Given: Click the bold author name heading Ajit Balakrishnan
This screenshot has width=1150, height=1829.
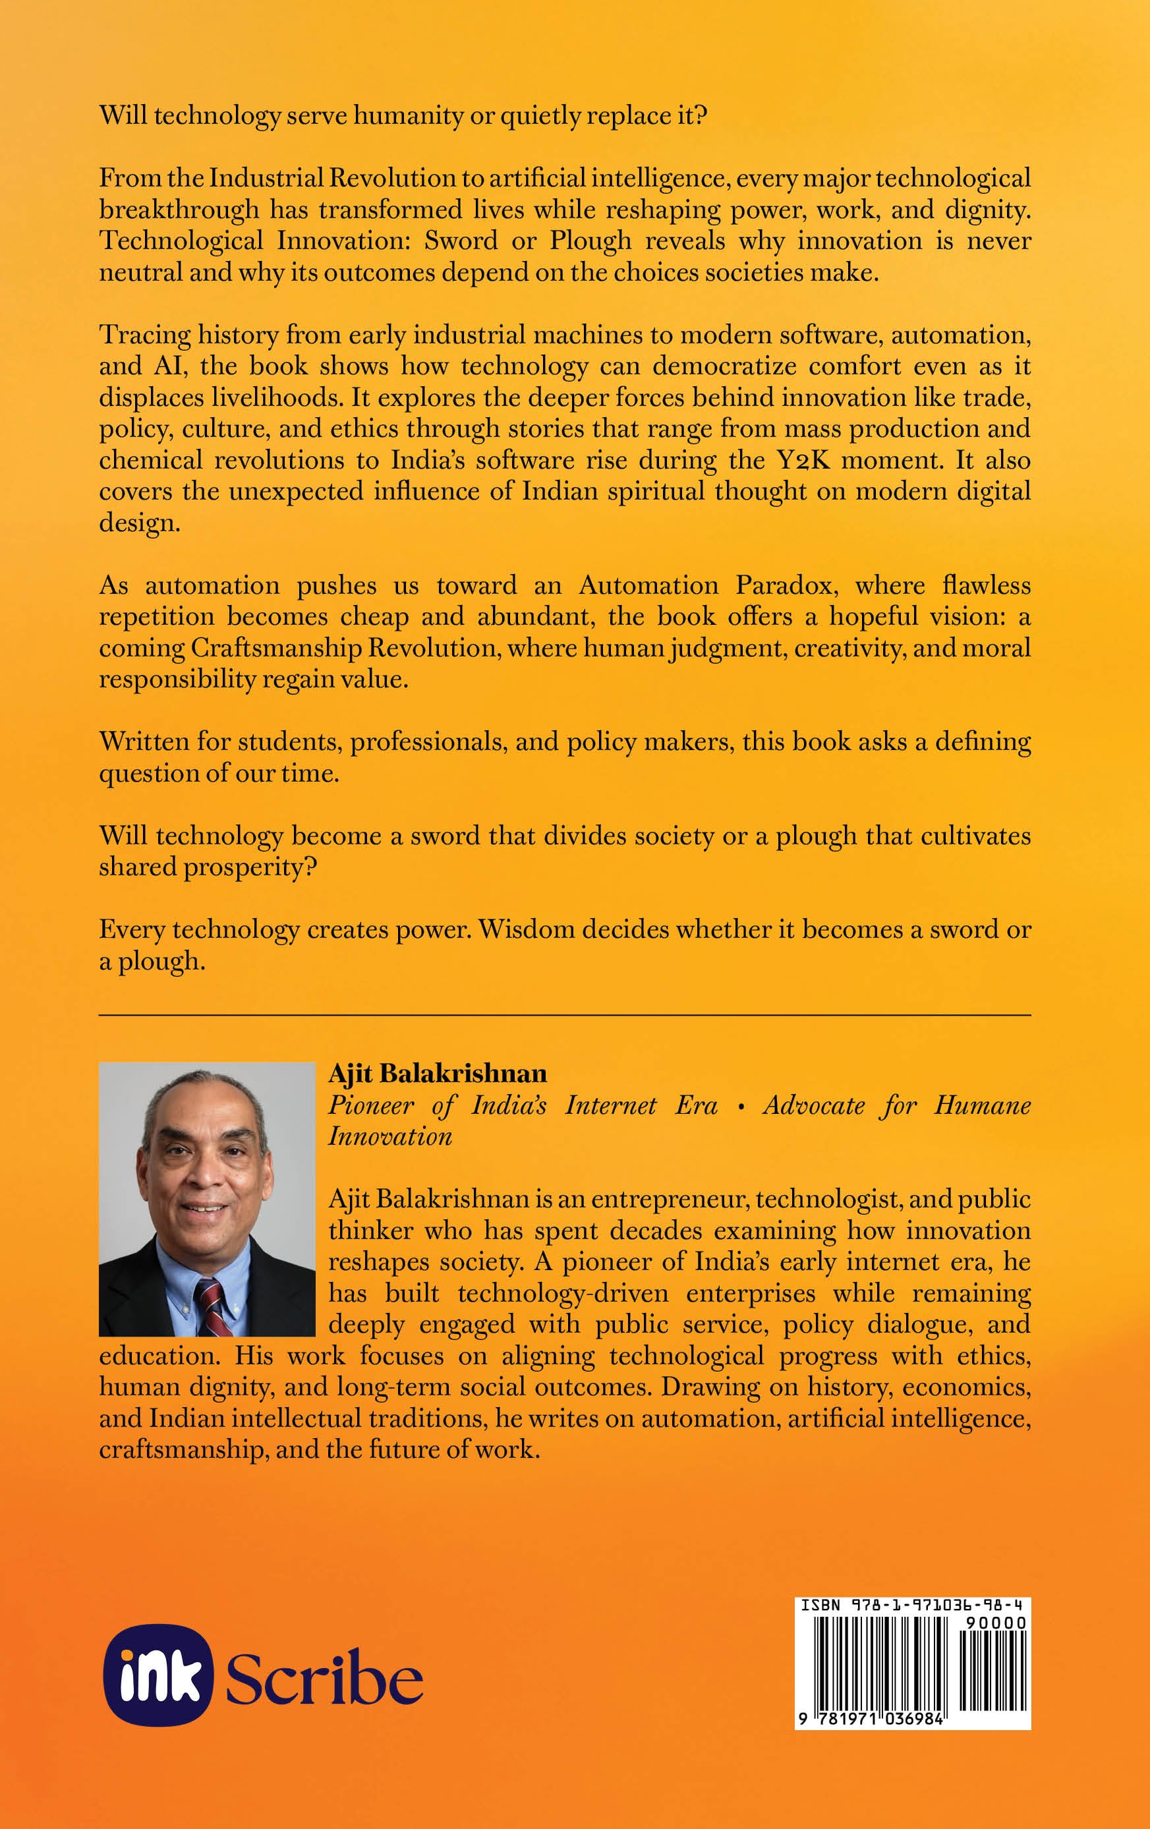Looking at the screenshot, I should (x=438, y=1073).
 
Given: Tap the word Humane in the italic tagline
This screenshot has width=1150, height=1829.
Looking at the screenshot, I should (x=981, y=1105).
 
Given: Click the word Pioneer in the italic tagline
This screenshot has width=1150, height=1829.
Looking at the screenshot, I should (x=370, y=1105).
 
